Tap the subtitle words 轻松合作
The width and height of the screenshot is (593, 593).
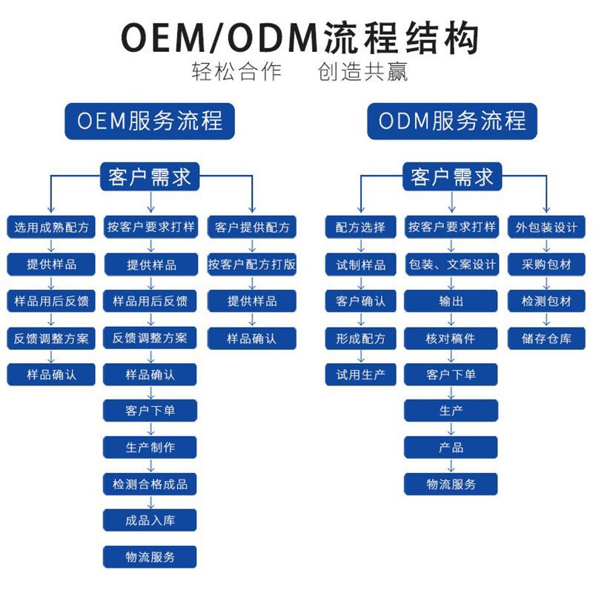click(236, 73)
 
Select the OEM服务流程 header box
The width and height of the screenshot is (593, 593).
click(150, 121)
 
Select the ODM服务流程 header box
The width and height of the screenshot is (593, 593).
click(452, 121)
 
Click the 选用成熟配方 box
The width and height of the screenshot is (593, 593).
click(52, 228)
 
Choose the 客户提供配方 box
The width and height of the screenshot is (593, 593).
click(252, 228)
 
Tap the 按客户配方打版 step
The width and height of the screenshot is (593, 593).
click(252, 264)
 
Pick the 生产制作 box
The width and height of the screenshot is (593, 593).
click(150, 447)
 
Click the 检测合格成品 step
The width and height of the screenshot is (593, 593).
click(150, 484)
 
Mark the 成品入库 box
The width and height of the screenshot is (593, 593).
click(150, 520)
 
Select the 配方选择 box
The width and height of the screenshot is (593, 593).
click(361, 228)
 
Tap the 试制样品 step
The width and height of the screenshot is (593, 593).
click(361, 264)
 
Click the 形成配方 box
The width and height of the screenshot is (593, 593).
click(361, 338)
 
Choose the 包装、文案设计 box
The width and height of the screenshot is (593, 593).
click(451, 264)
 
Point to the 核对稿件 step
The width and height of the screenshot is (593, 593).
click(451, 338)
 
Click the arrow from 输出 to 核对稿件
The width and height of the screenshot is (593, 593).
click(451, 319)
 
